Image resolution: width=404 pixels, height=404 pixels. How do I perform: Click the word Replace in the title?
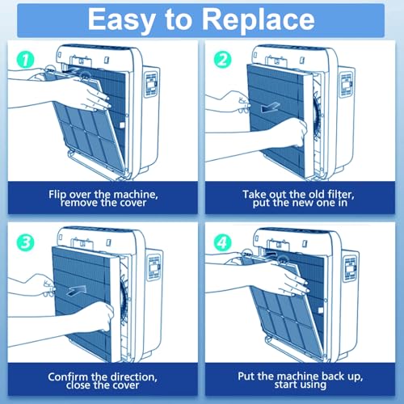point(258,19)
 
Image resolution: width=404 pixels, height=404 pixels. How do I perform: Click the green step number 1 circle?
point(25,60)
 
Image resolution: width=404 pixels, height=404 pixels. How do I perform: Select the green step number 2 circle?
point(222,60)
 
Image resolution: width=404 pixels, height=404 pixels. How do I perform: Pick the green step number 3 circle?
point(25,242)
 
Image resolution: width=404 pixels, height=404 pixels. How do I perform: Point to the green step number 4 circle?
point(222,242)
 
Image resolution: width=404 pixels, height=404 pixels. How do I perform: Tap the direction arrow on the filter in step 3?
point(76,291)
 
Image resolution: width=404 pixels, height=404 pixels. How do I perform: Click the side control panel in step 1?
point(152,84)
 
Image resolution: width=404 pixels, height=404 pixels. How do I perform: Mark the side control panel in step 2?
point(346,84)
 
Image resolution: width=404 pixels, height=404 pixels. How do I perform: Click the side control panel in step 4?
point(350,268)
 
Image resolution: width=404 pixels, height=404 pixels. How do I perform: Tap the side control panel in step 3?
point(154,267)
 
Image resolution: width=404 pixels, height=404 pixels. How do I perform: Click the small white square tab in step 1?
point(122,125)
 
